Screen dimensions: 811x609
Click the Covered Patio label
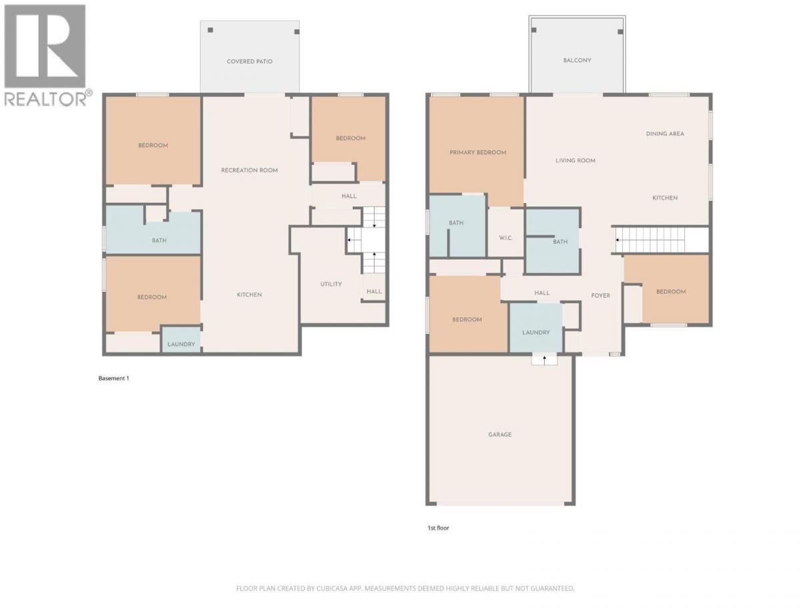[x=249, y=61]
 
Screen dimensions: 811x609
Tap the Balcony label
[x=577, y=60]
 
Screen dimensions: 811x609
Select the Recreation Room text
[x=249, y=170]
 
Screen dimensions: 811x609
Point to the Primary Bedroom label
[x=478, y=152]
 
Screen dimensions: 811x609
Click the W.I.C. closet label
[x=506, y=238]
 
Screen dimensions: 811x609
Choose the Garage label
[x=500, y=435]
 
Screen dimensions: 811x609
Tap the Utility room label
[x=331, y=284]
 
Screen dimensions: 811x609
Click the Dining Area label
[x=665, y=134]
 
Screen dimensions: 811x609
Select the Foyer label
[x=600, y=295]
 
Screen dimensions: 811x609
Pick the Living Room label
[x=576, y=160]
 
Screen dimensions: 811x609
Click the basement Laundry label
[x=181, y=345]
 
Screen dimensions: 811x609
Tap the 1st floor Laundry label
[x=536, y=333]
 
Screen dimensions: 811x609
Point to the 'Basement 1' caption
[x=114, y=378]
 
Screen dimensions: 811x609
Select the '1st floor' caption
[x=438, y=528]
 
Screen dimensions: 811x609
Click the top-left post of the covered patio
[x=210, y=30]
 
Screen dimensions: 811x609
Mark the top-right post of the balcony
[x=620, y=32]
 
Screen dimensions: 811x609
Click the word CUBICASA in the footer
[x=332, y=588]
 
